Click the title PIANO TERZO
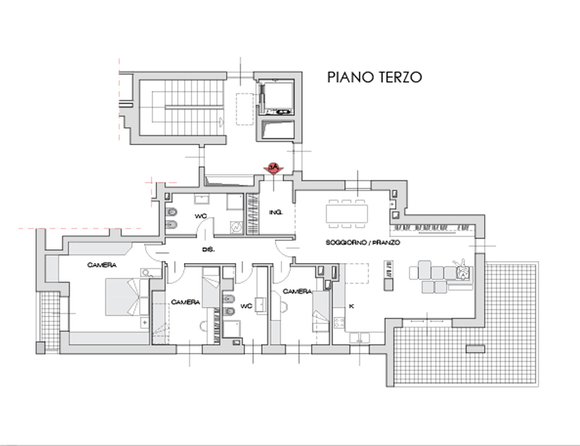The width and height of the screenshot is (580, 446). pyautogui.click(x=374, y=77)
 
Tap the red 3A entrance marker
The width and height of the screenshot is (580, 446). pyautogui.click(x=273, y=168)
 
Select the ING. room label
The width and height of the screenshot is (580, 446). pyautogui.click(x=276, y=212)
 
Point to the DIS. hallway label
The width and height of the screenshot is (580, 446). pyautogui.click(x=208, y=250)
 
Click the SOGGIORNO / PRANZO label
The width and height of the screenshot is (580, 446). pyautogui.click(x=362, y=242)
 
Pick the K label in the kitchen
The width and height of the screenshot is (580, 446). pyautogui.click(x=352, y=306)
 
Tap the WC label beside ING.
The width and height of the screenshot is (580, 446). pyautogui.click(x=201, y=216)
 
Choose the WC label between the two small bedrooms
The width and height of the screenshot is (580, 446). pyautogui.click(x=246, y=306)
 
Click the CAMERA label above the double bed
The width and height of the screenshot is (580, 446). pyautogui.click(x=101, y=265)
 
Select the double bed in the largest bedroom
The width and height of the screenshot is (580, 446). pyautogui.click(x=123, y=297)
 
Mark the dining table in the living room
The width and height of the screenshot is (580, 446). pyautogui.click(x=347, y=213)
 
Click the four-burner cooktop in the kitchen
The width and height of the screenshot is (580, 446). pyautogui.click(x=339, y=323)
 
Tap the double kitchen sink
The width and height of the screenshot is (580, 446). pyautogui.click(x=360, y=337)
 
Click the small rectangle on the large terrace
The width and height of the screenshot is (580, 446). pyautogui.click(x=476, y=349)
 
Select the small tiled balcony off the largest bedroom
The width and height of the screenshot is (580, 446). pyautogui.click(x=50, y=321)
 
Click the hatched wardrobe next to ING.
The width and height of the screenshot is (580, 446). pyautogui.click(x=252, y=214)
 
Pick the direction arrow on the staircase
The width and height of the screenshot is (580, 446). pyautogui.click(x=222, y=121)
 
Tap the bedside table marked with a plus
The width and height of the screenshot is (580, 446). pyautogui.click(x=144, y=323)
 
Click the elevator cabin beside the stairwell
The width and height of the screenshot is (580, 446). pyautogui.click(x=277, y=98)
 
